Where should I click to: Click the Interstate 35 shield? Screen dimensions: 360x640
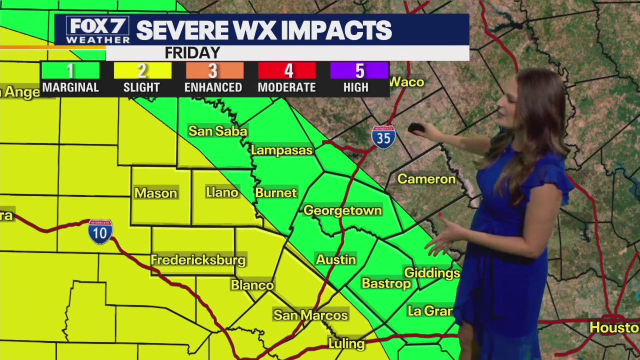point(383,137)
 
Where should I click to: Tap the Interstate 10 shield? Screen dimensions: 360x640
point(100,231)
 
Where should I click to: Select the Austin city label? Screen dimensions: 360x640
point(336,259)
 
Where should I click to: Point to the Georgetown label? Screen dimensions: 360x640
point(342,210)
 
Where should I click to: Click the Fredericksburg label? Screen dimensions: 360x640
point(198,260)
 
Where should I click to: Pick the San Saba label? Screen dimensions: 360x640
point(217,131)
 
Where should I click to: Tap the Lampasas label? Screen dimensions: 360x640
point(281,150)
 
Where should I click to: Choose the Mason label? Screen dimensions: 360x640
point(155,193)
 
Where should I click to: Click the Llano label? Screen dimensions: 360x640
point(222,192)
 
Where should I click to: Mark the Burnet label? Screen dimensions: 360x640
point(276,192)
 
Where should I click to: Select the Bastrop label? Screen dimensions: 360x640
point(386,283)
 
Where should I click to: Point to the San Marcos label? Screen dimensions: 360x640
point(310,315)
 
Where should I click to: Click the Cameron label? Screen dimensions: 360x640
point(426,179)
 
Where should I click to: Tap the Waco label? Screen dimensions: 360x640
point(406,82)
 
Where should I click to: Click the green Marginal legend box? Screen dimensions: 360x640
point(70,70)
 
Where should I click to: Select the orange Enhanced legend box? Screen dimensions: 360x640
point(214,70)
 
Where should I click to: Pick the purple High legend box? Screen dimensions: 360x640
point(359,70)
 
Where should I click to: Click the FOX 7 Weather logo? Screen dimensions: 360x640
point(97,30)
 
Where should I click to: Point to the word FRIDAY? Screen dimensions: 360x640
point(192,53)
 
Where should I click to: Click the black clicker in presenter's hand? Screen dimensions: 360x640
point(416,128)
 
